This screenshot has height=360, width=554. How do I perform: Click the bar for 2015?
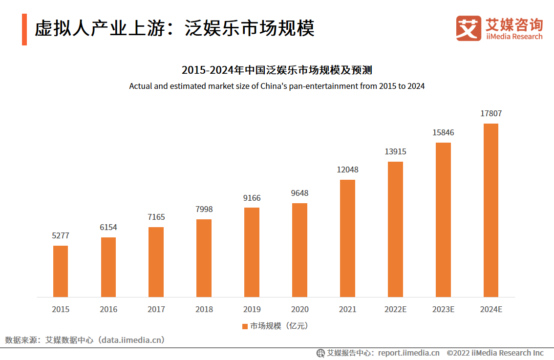(61, 271)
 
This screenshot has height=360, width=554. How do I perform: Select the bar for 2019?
(252, 252)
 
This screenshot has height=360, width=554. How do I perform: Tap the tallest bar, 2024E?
(490, 210)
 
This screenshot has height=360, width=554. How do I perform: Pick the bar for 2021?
(347, 238)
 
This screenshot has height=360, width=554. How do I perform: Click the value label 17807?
(491, 113)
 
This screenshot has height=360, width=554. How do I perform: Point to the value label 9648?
(299, 193)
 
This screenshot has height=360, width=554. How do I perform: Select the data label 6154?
(108, 227)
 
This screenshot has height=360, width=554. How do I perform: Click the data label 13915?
(395, 151)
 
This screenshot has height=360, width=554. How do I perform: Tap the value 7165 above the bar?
(156, 217)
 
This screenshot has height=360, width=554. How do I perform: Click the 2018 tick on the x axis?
(204, 309)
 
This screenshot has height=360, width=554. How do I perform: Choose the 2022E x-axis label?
(395, 309)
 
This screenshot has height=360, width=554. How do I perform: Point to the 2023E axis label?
(443, 309)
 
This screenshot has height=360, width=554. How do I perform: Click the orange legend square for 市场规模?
(245, 326)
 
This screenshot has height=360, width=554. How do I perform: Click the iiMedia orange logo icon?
(469, 28)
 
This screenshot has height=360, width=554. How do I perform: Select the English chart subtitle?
(277, 86)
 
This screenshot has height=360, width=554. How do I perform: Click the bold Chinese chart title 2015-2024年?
(277, 70)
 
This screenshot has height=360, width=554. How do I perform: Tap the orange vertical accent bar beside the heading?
(24, 29)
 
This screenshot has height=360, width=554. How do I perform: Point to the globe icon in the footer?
(320, 353)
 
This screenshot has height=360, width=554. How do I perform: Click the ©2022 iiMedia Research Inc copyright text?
(495, 353)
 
